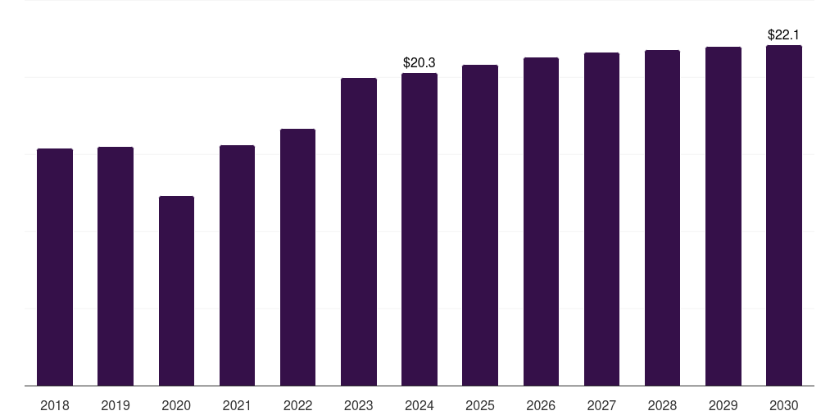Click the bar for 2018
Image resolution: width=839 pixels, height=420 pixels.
55,267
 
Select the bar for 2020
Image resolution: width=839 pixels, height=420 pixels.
176,290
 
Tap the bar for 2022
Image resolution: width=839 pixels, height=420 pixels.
297,257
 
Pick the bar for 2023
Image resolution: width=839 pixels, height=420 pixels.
358,231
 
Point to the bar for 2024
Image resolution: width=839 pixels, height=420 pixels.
419,229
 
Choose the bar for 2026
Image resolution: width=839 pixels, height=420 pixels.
541,221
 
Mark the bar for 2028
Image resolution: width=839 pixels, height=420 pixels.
662,217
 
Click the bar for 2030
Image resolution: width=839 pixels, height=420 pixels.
783,215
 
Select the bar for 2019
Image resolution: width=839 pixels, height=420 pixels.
116,266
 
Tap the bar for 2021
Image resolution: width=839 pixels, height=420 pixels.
237,265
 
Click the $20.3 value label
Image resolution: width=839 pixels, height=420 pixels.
419,62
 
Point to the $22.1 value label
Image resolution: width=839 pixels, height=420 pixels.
783,34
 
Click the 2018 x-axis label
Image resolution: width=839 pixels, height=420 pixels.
55,405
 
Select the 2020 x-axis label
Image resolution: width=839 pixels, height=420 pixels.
176,405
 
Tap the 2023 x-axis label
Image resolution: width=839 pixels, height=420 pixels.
358,405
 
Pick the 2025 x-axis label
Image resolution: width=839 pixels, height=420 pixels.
480,405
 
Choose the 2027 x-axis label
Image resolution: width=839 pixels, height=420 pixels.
601,405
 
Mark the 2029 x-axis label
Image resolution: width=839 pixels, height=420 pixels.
723,405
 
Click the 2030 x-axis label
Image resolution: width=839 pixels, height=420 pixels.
783,405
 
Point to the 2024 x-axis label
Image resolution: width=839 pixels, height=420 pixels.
419,405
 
